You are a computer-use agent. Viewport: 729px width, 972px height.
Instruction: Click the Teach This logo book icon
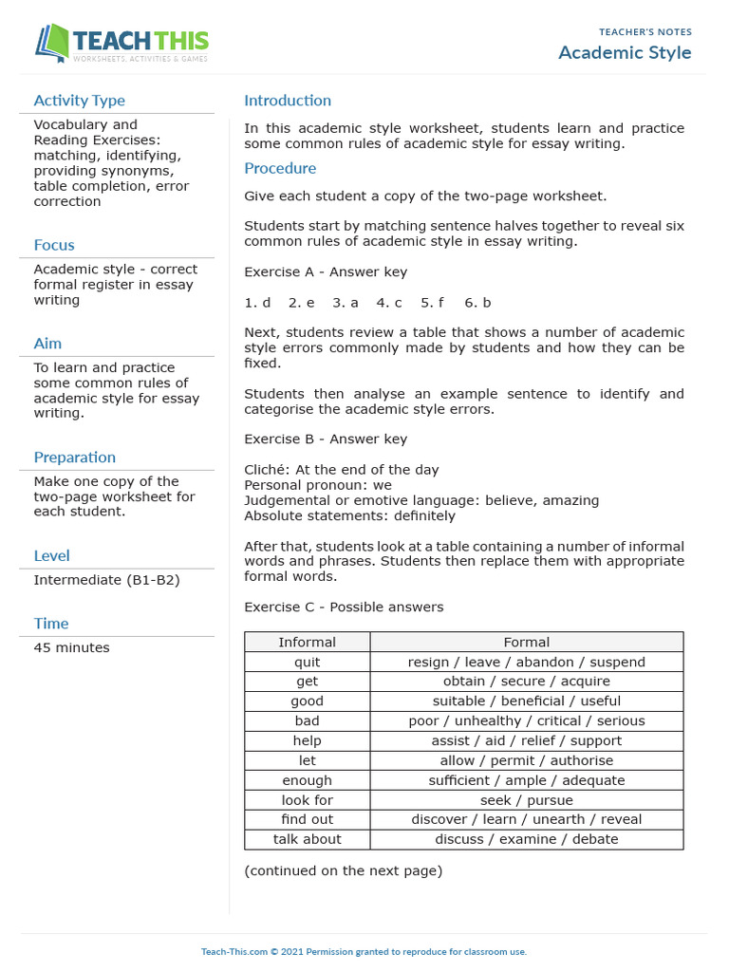[x=52, y=44]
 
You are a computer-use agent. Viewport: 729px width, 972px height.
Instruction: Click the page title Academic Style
[x=625, y=52]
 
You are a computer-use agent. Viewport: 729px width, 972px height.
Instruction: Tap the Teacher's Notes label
[x=645, y=32]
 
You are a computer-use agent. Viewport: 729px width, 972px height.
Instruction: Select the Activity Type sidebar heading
[x=79, y=101]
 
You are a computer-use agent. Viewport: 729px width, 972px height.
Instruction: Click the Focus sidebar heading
[x=54, y=245]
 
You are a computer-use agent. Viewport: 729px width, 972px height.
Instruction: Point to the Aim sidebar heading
[x=47, y=344]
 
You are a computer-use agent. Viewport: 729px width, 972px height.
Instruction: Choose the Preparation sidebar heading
[x=74, y=458]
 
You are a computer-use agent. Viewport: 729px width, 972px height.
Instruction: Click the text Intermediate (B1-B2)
[x=106, y=580]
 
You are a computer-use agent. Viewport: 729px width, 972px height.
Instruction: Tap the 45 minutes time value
[x=71, y=647]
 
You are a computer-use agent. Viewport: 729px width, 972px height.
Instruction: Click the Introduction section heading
[x=288, y=101]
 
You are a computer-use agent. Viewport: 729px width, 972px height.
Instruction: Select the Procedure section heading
[x=280, y=168]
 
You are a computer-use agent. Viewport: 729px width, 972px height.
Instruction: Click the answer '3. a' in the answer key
[x=346, y=303]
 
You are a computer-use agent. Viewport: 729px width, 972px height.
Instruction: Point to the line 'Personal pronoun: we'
[x=318, y=485]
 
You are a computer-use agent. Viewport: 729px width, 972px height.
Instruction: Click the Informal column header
[x=307, y=643]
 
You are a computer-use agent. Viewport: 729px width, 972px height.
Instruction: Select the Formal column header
[x=526, y=643]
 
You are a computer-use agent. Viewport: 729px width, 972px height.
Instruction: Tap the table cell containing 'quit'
[x=307, y=663]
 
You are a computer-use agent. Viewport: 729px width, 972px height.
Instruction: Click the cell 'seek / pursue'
[x=526, y=800]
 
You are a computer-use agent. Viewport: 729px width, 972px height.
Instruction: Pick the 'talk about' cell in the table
[x=307, y=839]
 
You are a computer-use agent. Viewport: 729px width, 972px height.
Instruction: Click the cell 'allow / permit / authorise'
[x=526, y=760]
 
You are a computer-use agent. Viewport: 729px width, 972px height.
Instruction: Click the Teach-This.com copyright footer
[x=364, y=951]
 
